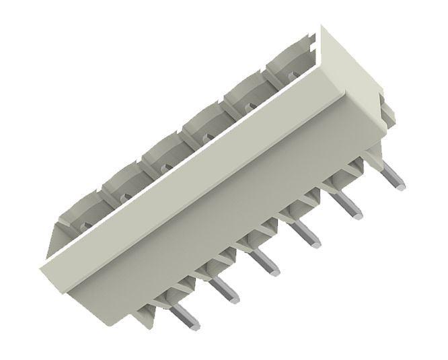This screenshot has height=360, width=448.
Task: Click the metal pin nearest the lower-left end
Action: point(185,316)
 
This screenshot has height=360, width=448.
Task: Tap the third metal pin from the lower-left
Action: point(265,262)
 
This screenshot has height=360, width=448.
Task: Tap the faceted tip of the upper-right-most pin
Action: point(400,182)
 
